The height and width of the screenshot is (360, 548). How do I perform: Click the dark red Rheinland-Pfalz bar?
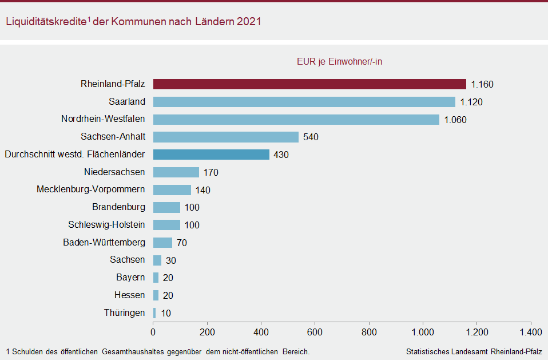[x=309, y=84]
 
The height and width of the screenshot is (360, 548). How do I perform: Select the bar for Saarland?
[x=304, y=102]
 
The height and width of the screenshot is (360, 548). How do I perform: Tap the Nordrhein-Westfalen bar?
[x=296, y=120]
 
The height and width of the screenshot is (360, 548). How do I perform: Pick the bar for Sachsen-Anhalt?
[x=226, y=137]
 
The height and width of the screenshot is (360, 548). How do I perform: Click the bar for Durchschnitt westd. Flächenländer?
[x=211, y=155]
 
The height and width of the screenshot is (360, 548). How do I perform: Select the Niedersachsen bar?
[x=176, y=172]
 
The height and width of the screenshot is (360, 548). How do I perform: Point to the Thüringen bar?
[x=154, y=313]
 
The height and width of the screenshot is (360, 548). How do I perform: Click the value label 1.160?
[x=482, y=85]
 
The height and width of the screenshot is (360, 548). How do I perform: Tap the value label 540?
[x=311, y=137]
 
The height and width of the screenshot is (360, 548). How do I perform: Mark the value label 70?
[x=182, y=243]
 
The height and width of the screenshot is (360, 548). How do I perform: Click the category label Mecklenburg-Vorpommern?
[x=91, y=189]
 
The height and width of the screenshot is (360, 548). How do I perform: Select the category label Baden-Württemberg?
[x=104, y=242]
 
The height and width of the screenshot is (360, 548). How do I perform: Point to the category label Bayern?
[x=130, y=278]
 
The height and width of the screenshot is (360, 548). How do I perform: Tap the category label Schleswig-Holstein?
[x=106, y=225]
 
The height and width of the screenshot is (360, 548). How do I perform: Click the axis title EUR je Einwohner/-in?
[x=339, y=62]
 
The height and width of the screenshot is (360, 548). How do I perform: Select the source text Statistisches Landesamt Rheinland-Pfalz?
[x=474, y=351]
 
